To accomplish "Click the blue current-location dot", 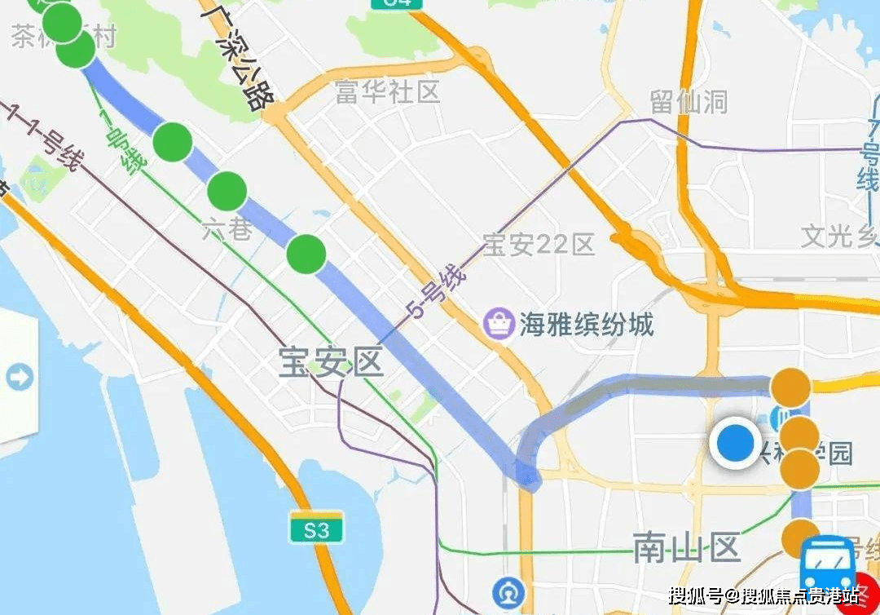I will click(x=736, y=445).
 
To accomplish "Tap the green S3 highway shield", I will click(x=315, y=529).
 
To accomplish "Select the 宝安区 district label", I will click(x=331, y=363).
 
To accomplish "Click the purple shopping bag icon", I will click(x=498, y=324).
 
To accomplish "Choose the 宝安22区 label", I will click(x=539, y=244).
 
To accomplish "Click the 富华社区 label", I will click(x=388, y=91).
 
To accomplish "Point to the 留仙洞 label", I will click(x=689, y=103).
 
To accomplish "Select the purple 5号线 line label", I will click(x=437, y=294).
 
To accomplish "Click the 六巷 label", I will click(x=227, y=230).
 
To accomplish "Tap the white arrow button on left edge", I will click(x=18, y=377).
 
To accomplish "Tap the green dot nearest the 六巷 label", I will click(x=227, y=191).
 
